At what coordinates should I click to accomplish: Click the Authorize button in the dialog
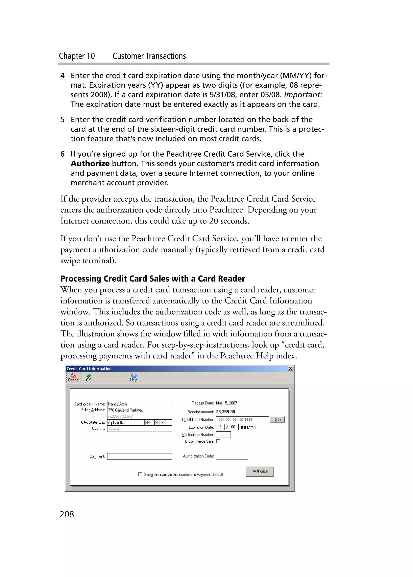point(260,471)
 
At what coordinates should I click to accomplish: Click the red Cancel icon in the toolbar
point(73,376)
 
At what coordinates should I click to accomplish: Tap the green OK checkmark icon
point(89,376)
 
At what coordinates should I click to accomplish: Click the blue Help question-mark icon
point(134,376)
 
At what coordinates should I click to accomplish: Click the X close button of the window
point(290,368)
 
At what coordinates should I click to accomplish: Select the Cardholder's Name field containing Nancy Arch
point(139,404)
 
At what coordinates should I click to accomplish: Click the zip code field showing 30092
point(163,422)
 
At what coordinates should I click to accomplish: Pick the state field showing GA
point(149,422)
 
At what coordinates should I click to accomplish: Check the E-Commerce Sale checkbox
point(218,441)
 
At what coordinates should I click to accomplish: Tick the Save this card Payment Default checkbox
point(140,474)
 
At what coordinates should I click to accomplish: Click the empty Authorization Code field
point(232,456)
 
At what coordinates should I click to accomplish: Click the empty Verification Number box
point(223,435)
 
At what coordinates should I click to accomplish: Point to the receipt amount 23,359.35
point(225,412)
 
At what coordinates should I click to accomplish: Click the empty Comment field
point(139,456)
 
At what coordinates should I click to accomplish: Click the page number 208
point(67,514)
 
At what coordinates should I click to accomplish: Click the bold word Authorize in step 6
point(90,164)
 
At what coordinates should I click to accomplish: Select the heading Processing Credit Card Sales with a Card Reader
point(152,279)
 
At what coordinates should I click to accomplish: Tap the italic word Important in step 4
point(303,95)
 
